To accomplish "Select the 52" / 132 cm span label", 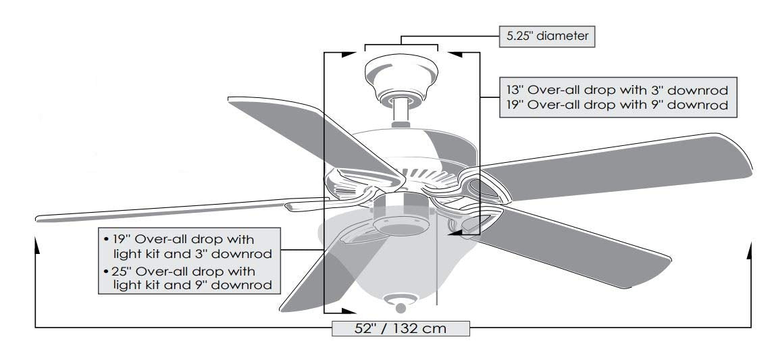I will tap(401, 328).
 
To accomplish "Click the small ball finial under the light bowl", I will tap(401, 308).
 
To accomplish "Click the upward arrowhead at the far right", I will tap(749, 250).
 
